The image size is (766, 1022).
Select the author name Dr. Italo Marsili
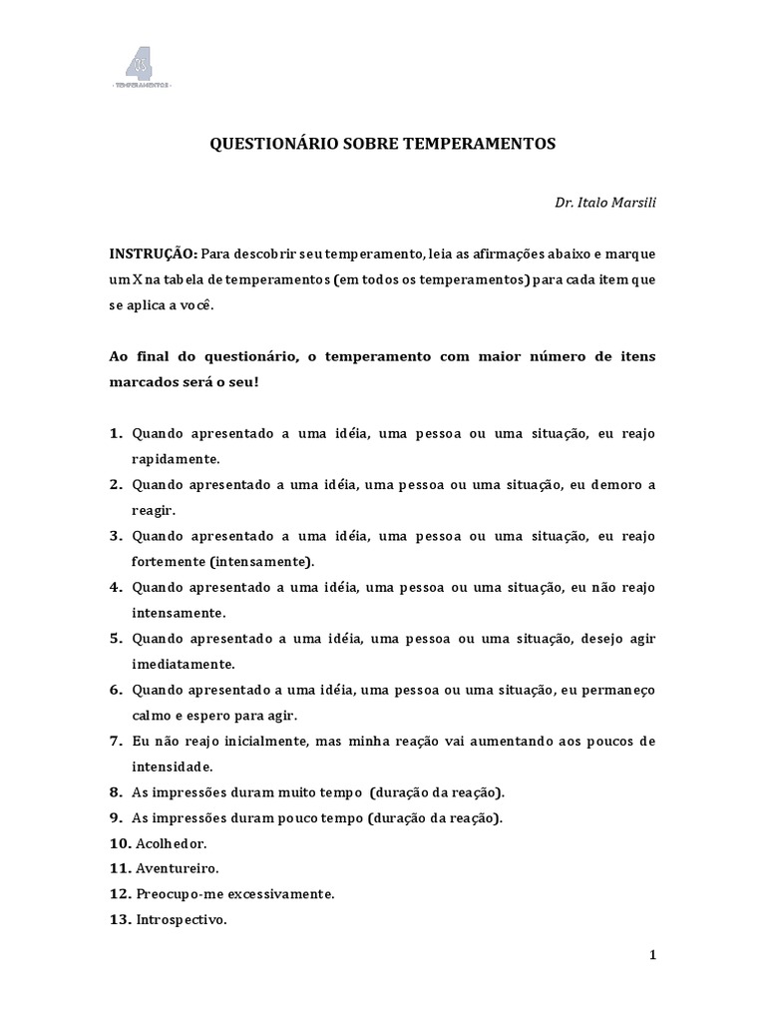605,203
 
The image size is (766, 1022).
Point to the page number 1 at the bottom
653,955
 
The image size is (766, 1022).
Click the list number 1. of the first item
117,433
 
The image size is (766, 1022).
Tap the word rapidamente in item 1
175,459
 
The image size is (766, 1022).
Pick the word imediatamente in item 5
183,664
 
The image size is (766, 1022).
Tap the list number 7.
117,742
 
